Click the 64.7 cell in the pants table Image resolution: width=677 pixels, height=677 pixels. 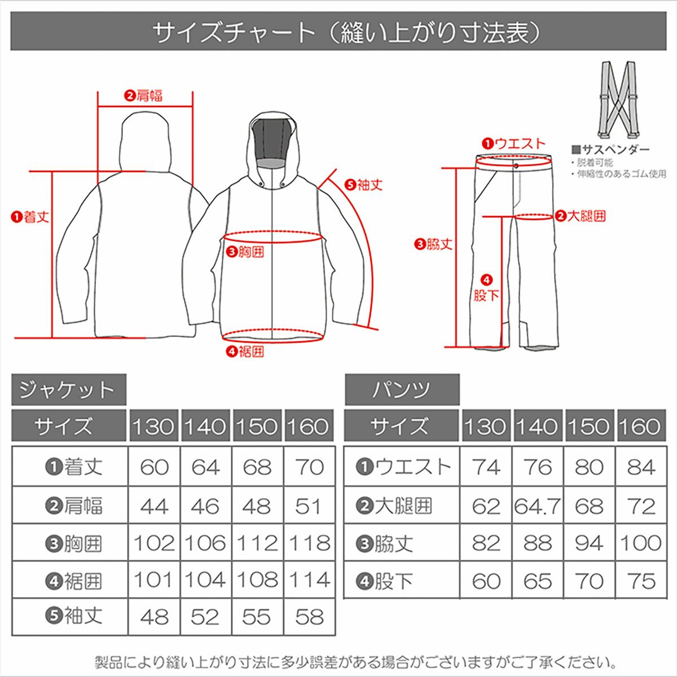(537, 506)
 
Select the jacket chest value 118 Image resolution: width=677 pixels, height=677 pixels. (310, 543)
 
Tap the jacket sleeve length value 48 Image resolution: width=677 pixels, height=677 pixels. (154, 617)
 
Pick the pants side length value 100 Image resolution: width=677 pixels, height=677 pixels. (640, 543)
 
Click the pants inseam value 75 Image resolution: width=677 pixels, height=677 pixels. (640, 581)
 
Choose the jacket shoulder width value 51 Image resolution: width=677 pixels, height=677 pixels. (310, 506)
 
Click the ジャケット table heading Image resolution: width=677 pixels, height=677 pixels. (68, 390)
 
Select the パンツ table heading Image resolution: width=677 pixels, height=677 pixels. (402, 390)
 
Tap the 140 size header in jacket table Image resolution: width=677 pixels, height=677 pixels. (205, 427)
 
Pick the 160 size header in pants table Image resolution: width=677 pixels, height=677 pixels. (640, 427)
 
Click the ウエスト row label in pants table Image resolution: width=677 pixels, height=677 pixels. (404, 467)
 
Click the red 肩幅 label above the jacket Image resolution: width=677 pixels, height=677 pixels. (144, 96)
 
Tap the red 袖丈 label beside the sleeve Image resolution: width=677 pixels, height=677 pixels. (364, 184)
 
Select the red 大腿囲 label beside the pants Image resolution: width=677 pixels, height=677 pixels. (581, 216)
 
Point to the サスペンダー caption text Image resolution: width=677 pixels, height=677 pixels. (611, 150)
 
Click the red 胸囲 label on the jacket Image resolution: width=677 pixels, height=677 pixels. (245, 252)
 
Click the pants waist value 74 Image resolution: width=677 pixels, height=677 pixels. (486, 467)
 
